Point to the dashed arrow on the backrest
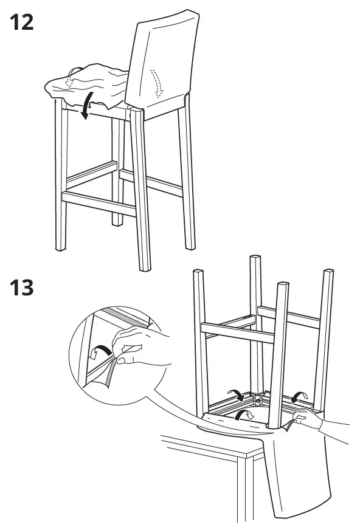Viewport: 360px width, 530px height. [157, 82]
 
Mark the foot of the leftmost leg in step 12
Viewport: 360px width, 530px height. [60, 246]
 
